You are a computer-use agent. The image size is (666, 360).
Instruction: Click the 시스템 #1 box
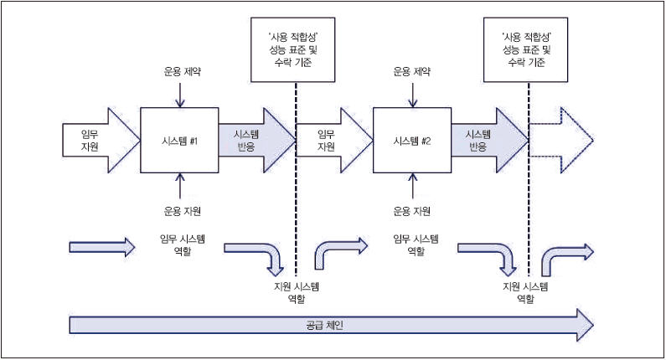pos(180,141)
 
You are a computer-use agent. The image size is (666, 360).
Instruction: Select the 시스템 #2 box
pos(412,141)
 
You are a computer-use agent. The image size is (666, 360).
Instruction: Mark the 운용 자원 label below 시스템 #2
pos(412,210)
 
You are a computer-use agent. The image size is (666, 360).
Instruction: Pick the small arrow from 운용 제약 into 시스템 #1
pos(180,94)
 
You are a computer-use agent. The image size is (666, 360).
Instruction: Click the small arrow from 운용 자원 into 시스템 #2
pos(412,188)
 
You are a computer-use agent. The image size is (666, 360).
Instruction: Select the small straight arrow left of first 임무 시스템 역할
pos(101,247)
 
